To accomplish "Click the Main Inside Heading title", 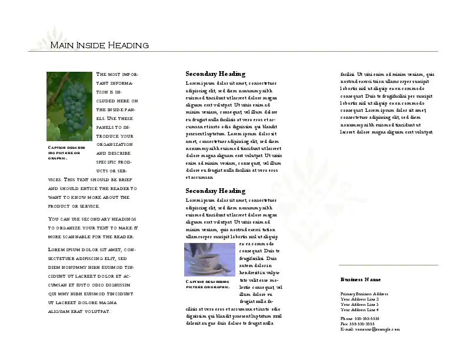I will (x=99, y=45).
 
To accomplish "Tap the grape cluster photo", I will (x=69, y=105).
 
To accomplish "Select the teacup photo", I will (x=210, y=259).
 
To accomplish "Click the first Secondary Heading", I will (x=215, y=74).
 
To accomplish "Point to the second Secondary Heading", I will (x=215, y=191).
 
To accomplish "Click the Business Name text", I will (x=360, y=279).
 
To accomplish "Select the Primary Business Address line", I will (x=364, y=294).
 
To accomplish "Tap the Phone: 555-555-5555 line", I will (x=360, y=318).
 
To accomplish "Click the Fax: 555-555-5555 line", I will (x=357, y=324).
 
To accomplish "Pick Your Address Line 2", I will (x=359, y=299).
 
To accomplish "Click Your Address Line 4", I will (x=359, y=309).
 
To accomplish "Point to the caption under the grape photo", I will (x=67, y=152).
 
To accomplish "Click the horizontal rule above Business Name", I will (x=389, y=265).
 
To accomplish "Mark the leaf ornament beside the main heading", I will (x=47, y=38).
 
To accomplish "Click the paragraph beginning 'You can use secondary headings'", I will (x=92, y=227).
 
